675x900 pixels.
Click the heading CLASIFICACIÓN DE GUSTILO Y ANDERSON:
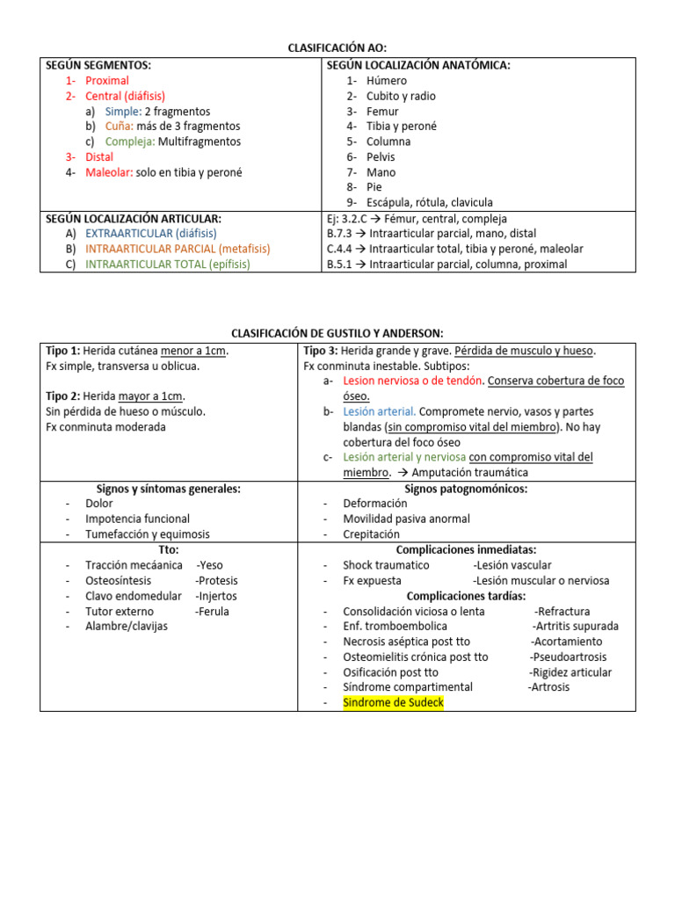337,333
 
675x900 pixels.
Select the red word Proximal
107,81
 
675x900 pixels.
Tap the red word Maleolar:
109,172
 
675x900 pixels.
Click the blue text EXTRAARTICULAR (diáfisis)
150,234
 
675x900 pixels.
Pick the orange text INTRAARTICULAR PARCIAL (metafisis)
178,249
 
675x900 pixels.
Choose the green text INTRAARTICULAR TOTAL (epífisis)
168,264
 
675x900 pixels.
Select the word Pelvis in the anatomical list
381,156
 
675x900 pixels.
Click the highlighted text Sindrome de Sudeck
393,703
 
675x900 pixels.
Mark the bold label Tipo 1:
62,351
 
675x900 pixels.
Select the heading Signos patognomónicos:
466,489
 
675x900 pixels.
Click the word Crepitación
371,534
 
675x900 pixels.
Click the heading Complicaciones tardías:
466,596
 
